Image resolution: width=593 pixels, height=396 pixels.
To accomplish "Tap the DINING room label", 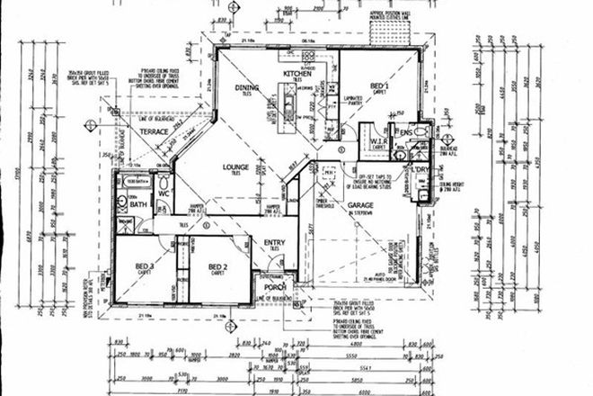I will [x=247, y=87].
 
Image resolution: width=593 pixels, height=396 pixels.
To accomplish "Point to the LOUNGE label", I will [x=235, y=167].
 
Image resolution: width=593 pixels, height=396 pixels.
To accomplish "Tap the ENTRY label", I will [x=274, y=242].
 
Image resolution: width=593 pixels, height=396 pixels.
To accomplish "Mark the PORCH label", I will [x=274, y=288].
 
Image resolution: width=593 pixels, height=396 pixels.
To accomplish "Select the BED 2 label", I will [x=218, y=266].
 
